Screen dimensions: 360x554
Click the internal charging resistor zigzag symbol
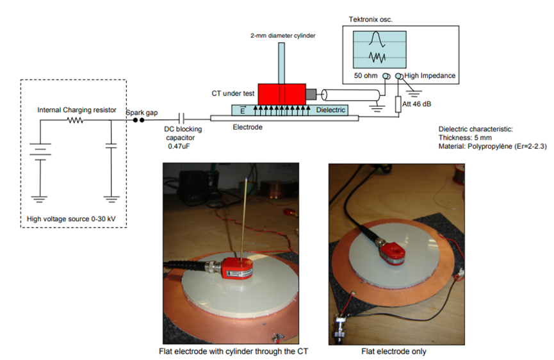click(x=76, y=120)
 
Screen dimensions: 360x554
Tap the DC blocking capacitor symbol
click(x=183, y=119)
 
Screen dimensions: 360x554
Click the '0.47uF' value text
click(x=175, y=145)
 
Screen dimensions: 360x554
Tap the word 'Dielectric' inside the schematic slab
click(x=330, y=110)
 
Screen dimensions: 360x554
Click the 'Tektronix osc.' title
click(x=371, y=20)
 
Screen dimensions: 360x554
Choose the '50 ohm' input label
click(x=368, y=76)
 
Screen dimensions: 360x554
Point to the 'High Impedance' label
click(x=430, y=76)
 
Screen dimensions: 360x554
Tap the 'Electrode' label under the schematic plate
click(x=247, y=127)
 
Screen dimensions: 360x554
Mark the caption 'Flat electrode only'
click(x=393, y=351)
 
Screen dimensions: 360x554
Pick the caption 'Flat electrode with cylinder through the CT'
click(x=229, y=351)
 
